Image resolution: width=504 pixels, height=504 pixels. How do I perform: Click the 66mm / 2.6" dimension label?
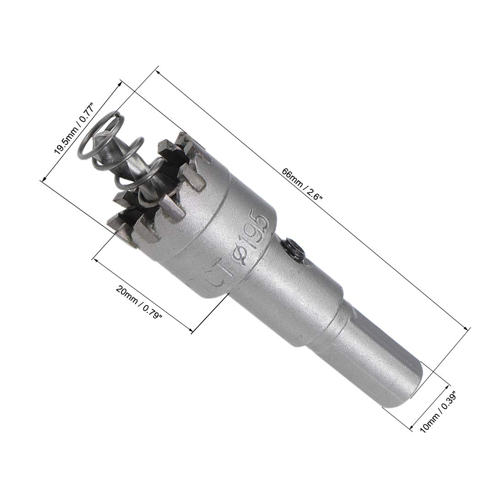coord(302,184)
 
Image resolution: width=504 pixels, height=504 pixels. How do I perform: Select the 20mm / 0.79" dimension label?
coord(139,302)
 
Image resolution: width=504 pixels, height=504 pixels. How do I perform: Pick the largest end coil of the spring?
coord(98,136)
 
